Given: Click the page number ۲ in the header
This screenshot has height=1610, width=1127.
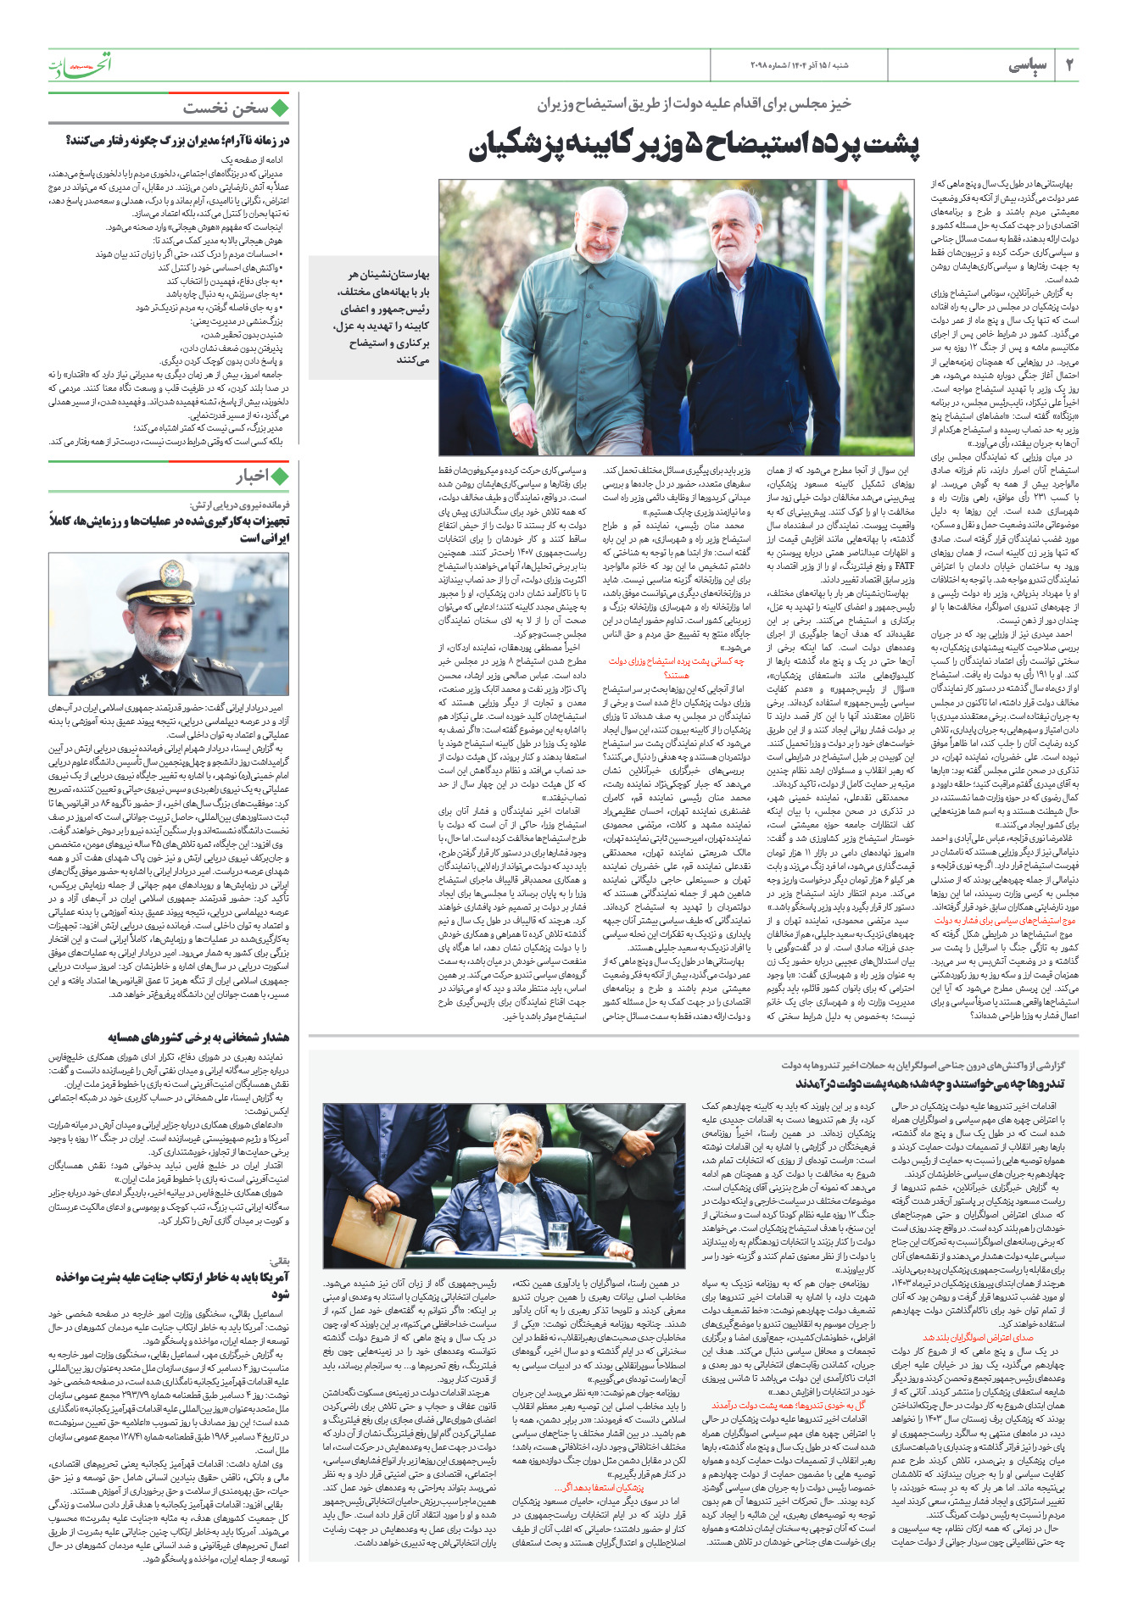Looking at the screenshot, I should (x=1069, y=65).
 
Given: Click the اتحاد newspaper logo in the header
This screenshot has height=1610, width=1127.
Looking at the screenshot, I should (x=80, y=64).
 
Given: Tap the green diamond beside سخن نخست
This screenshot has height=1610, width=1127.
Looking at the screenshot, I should (x=280, y=108).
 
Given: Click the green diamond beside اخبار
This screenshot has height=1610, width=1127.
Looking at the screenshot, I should (x=280, y=476).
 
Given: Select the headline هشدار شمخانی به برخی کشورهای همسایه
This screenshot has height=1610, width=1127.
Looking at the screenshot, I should (x=198, y=1037).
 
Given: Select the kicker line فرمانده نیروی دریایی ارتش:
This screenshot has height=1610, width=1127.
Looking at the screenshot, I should (x=242, y=504).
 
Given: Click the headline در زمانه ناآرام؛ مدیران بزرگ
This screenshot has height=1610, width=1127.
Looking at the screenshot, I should (x=176, y=141).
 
